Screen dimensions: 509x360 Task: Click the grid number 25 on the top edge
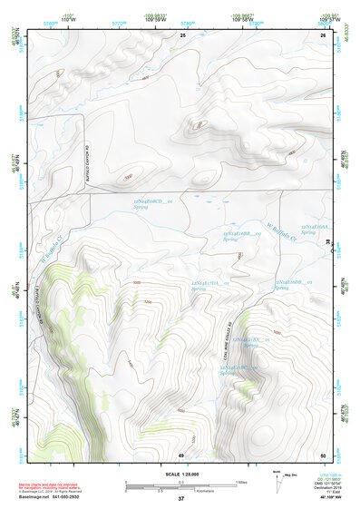pos(181,34)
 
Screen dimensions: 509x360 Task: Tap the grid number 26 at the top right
pos(322,34)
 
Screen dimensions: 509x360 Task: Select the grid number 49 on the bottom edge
pos(181,455)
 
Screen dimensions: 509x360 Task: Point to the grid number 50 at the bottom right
pos(322,455)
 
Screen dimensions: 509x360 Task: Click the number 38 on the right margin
pos(327,240)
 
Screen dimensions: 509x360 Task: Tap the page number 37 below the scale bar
pos(180,498)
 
